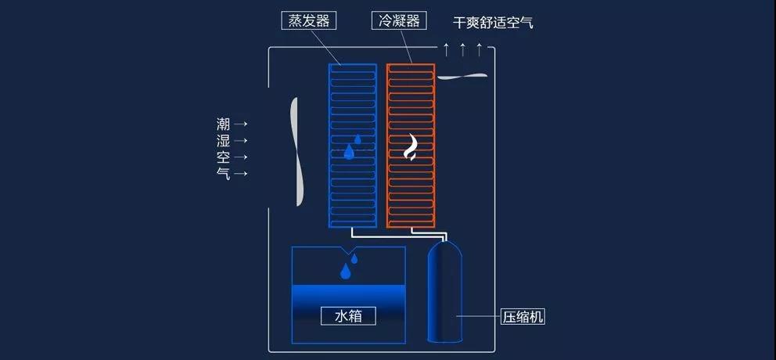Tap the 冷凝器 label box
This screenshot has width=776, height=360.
(399, 21)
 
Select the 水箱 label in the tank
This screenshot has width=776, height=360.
(348, 316)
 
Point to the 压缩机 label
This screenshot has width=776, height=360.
(523, 316)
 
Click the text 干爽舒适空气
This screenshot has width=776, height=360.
(493, 22)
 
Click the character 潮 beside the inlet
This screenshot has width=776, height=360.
(224, 124)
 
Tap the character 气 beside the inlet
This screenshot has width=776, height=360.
(224, 173)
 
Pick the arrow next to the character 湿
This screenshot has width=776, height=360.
(240, 141)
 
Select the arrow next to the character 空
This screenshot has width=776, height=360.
(240, 157)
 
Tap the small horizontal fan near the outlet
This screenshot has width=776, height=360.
(463, 76)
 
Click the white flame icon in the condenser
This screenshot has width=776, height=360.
(411, 148)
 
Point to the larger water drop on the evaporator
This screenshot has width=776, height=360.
(350, 152)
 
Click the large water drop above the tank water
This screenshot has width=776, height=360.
(346, 271)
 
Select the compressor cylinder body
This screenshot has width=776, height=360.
(445, 291)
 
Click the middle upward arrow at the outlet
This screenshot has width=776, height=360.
(463, 49)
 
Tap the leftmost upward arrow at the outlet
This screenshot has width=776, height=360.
(446, 49)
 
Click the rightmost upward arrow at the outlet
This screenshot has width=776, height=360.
(479, 49)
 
